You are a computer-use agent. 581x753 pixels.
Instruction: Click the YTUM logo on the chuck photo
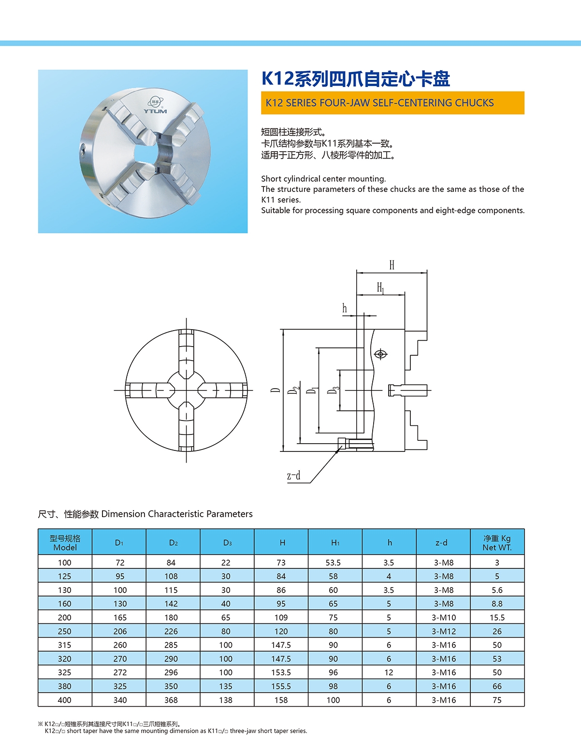coord(155,107)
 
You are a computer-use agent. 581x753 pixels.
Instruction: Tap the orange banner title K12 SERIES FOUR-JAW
coord(380,103)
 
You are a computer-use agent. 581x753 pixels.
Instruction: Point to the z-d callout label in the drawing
coord(293,476)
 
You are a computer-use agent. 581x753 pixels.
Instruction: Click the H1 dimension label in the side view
coord(381,288)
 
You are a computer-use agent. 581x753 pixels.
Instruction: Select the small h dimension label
coord(345,308)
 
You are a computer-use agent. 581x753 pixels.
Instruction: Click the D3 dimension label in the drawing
coord(333,390)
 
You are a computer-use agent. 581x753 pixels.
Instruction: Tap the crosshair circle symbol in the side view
coord(381,354)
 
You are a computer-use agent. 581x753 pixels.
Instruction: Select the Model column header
coord(65,542)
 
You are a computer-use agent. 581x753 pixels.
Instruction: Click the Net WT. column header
coord(497,542)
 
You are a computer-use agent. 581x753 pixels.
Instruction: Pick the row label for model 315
coord(64,645)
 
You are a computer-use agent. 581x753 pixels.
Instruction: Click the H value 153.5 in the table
coord(281,672)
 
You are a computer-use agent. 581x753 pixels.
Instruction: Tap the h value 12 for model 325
coord(389,672)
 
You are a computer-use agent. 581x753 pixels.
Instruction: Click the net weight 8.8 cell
coord(497,604)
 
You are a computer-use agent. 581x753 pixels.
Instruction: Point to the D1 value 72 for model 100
coord(120,563)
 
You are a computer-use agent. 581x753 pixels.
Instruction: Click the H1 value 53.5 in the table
coord(333,563)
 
